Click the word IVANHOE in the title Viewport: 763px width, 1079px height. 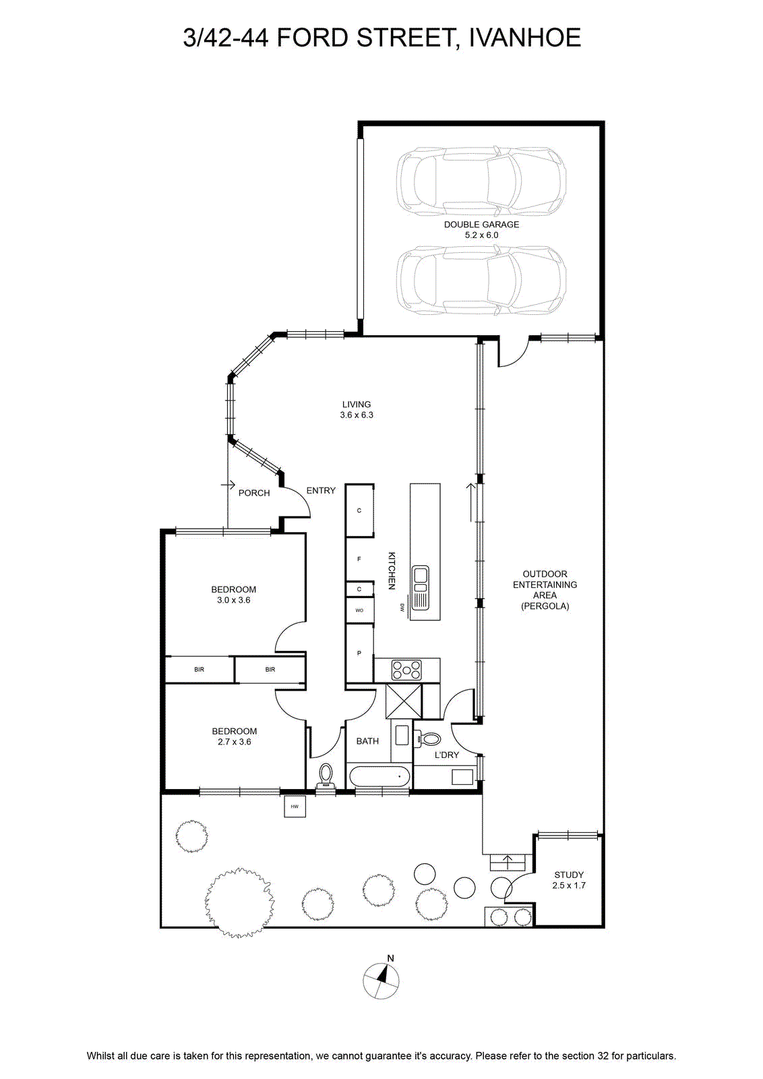click(524, 38)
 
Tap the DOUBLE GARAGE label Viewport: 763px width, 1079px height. click(481, 225)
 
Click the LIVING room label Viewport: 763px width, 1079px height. click(357, 405)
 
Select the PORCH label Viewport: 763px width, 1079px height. click(254, 493)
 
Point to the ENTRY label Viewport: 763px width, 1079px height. click(321, 490)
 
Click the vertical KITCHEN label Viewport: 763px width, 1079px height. click(392, 571)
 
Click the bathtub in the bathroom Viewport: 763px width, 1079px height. click(379, 776)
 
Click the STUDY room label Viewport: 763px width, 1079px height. click(569, 875)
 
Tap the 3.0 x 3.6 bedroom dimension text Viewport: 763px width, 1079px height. click(233, 600)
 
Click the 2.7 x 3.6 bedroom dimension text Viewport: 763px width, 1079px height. click(235, 742)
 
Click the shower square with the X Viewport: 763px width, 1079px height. click(403, 701)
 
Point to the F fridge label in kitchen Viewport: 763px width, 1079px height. click(359, 559)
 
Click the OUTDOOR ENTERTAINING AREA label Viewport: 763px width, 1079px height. click(545, 590)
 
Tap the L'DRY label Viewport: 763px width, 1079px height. click(447, 755)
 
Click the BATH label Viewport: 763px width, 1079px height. click(367, 741)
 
